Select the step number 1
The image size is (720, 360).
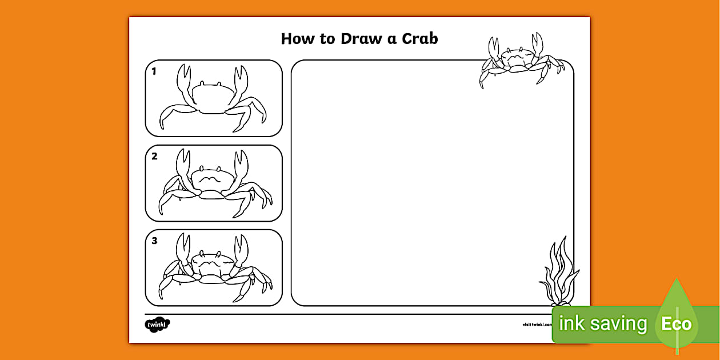pyautogui.click(x=154, y=72)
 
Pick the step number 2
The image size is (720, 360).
pyautogui.click(x=154, y=156)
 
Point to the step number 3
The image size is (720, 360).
pyautogui.click(x=154, y=241)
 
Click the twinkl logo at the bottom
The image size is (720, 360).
pyautogui.click(x=158, y=325)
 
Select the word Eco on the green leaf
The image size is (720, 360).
pyautogui.click(x=677, y=325)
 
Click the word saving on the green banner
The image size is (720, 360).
pyautogui.click(x=619, y=324)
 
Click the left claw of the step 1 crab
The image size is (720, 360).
pyautogui.click(x=183, y=83)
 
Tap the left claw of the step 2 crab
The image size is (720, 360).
pyautogui.click(x=182, y=166)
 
